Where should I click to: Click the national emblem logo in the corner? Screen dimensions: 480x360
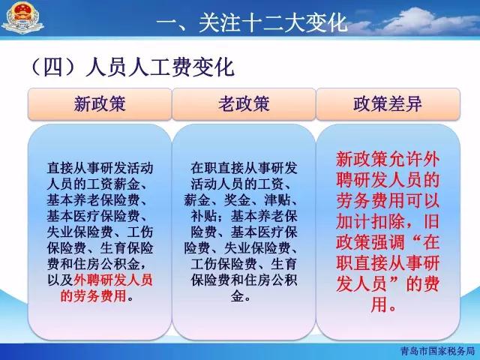coord(22,18)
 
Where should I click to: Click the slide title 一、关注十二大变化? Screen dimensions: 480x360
coord(252,22)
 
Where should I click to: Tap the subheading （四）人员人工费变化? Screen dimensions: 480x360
coord(132,67)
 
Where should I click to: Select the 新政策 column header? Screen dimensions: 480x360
coord(100,104)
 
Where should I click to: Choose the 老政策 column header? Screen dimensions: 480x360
coord(244,104)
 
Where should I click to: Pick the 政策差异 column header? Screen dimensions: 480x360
coord(388,104)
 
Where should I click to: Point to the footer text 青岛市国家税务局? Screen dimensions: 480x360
coord(437,351)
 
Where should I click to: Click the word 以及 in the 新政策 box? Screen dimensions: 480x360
coord(60,280)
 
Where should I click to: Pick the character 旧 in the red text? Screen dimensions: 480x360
coord(431,221)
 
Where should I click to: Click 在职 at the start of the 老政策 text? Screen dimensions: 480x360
coord(203,168)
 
